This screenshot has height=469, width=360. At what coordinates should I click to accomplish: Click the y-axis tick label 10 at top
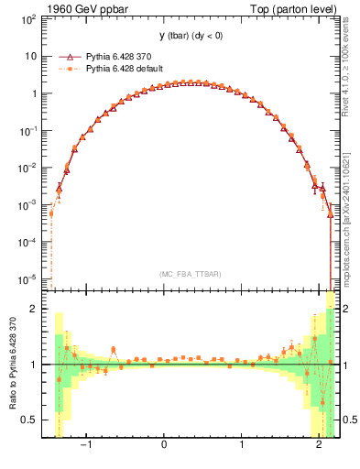(x=31, y=56)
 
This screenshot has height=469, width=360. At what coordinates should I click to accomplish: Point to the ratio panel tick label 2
(x=36, y=309)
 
